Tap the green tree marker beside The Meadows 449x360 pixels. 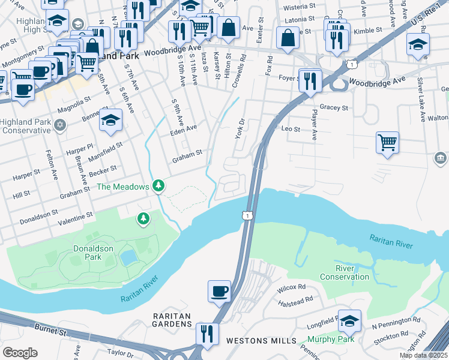point(158,186)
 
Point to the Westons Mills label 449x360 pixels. point(261,341)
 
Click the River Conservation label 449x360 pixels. point(345,272)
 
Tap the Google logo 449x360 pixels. point(20,353)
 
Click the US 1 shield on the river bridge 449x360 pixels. point(247,215)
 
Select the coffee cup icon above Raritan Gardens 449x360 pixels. point(219,292)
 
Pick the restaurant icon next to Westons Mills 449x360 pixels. point(207,334)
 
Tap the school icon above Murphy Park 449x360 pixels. point(349,321)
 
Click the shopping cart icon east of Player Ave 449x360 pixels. point(388,143)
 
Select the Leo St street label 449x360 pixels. point(291,128)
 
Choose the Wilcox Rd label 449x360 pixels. point(292,289)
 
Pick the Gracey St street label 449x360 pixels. point(334,108)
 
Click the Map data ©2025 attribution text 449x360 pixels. point(424,355)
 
